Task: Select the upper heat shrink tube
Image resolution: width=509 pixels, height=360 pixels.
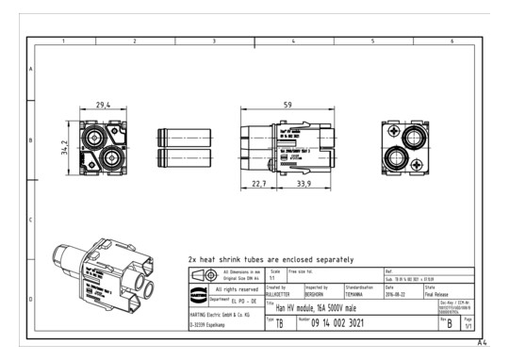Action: tap(176, 134)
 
